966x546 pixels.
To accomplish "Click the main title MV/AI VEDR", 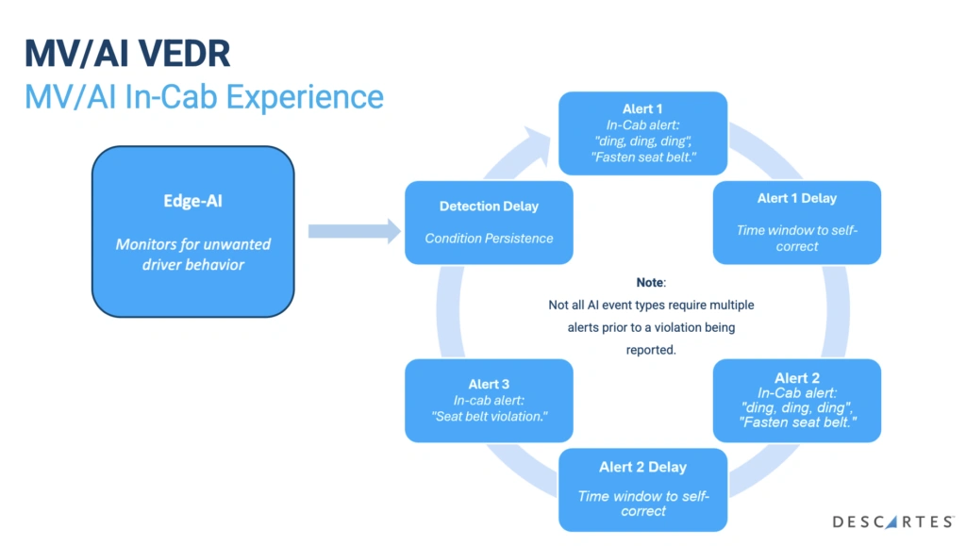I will tap(126, 54).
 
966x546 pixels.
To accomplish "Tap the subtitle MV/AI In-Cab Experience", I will tap(204, 97).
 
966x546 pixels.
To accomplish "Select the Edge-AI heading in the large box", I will tap(192, 201).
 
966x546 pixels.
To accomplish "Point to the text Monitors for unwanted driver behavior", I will tap(192, 255).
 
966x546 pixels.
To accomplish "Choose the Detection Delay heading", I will tap(489, 207).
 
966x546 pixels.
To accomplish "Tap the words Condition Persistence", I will tap(489, 238).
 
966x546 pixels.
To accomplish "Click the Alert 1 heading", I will tap(642, 109).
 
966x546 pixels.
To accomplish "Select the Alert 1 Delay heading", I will tap(796, 198).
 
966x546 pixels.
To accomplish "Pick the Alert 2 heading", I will tap(796, 378).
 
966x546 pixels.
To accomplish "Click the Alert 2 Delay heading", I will tap(642, 467).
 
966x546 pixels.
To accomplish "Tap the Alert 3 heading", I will tap(489, 384).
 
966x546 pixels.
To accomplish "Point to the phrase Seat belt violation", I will tap(489, 418).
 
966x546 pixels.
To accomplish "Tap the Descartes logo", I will tap(892, 521).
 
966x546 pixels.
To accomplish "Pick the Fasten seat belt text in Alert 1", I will tap(642, 157).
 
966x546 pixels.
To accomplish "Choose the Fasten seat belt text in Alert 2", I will tap(796, 423).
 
